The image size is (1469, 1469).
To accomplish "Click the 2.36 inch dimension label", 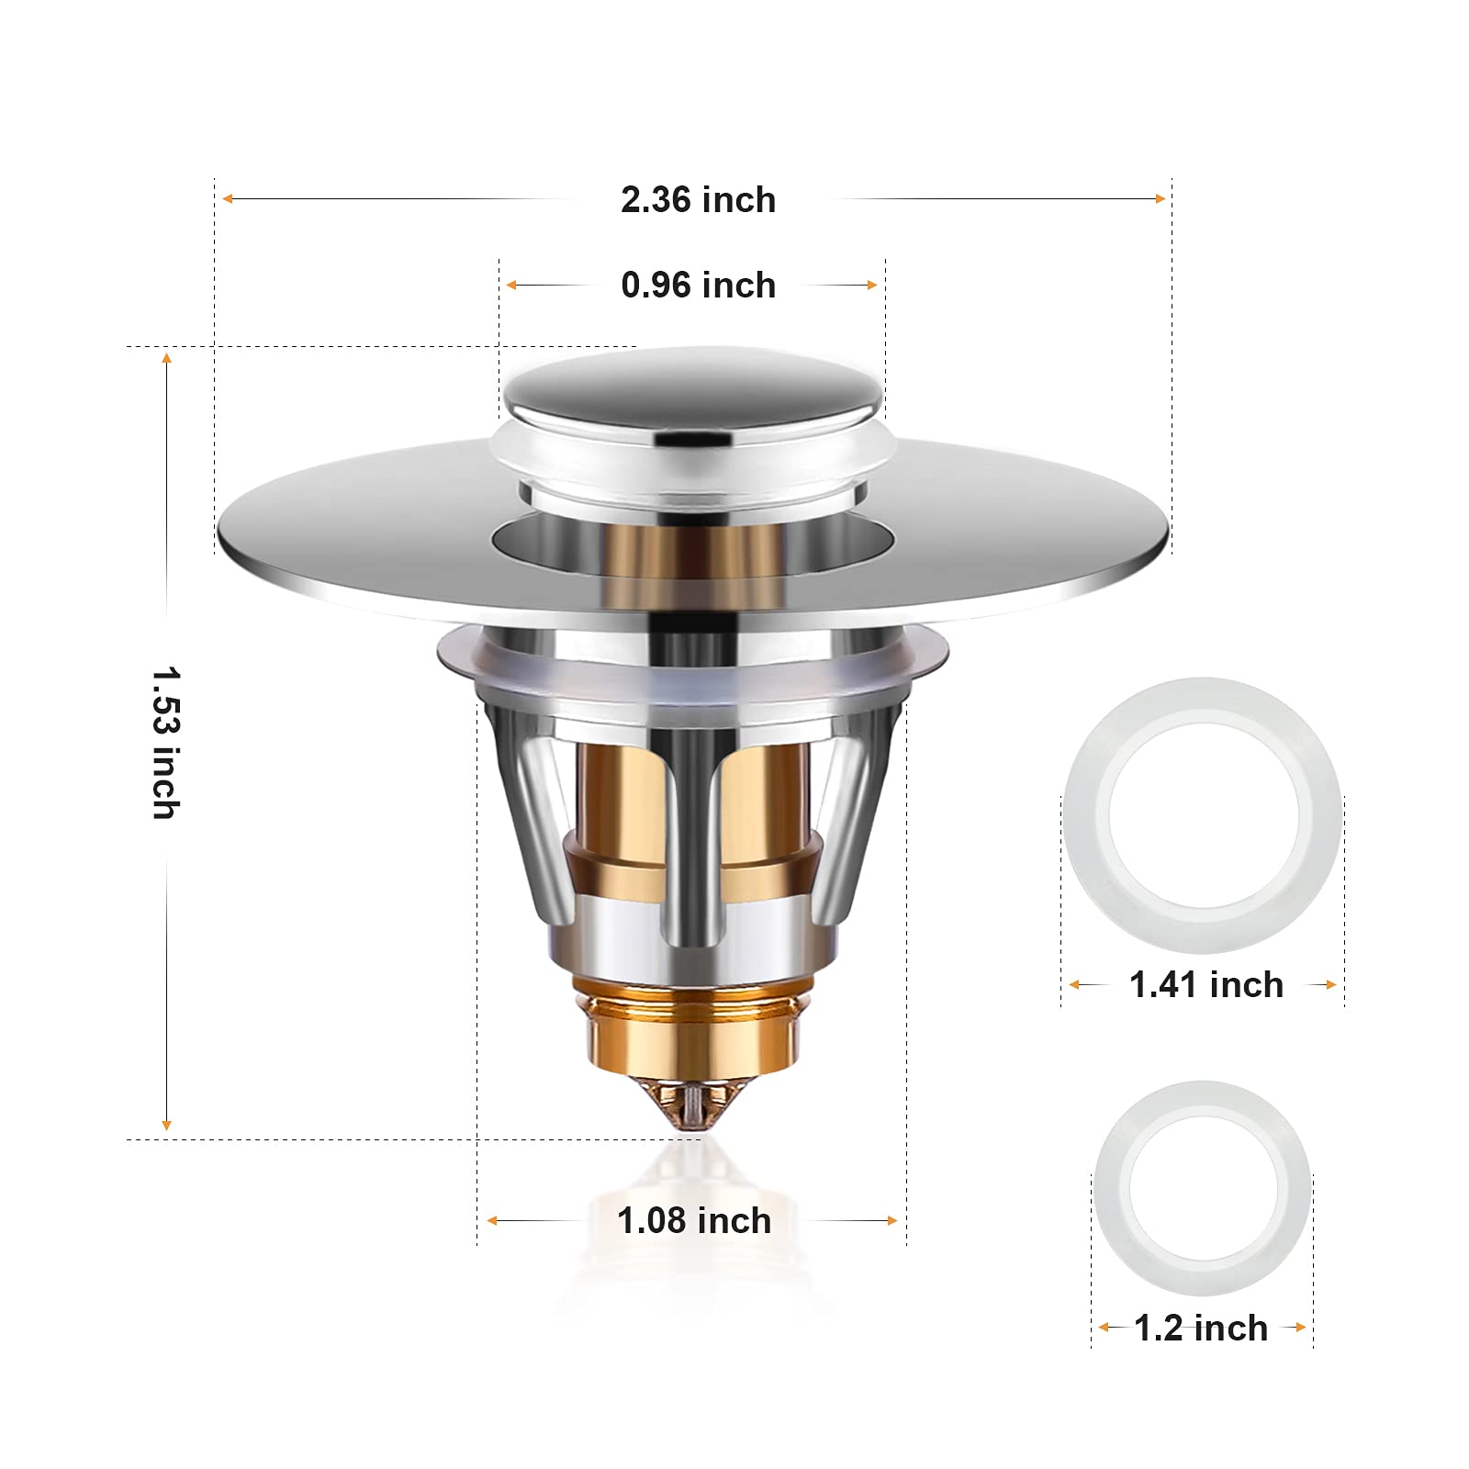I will (698, 200).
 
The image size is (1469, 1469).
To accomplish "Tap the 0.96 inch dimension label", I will (698, 286).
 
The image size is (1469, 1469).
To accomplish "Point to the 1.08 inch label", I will (694, 1221).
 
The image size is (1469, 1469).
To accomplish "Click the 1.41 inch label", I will (1205, 985).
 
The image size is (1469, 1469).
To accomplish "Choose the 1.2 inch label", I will (1201, 1329).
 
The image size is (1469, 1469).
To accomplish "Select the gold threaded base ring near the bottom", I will (692, 1028).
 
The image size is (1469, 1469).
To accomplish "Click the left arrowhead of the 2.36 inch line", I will (228, 198).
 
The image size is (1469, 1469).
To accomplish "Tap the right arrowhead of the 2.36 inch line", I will (1161, 198).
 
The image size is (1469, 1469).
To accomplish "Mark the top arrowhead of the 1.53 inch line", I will (166, 358).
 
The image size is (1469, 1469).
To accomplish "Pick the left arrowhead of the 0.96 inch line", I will (511, 286).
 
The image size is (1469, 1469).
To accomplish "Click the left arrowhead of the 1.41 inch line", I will (1074, 985).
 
